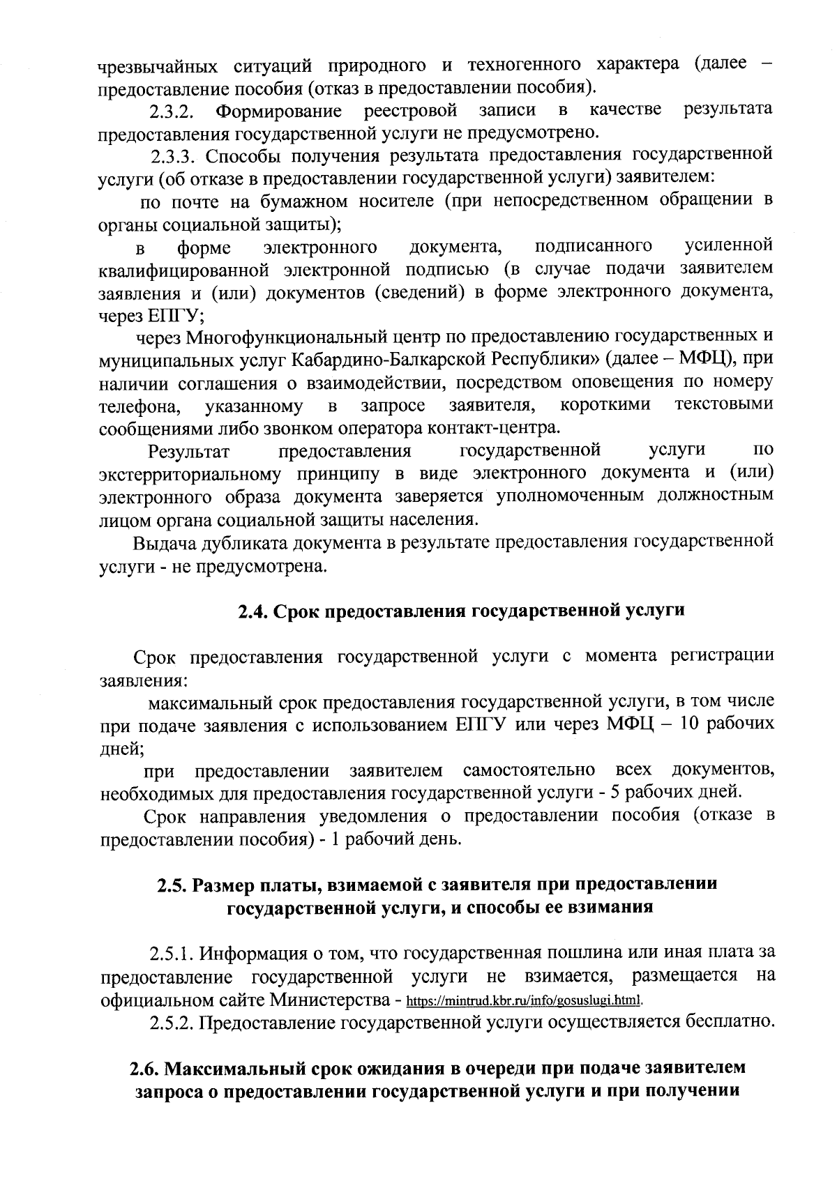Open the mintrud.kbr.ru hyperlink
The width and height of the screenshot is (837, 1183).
coord(523,1002)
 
